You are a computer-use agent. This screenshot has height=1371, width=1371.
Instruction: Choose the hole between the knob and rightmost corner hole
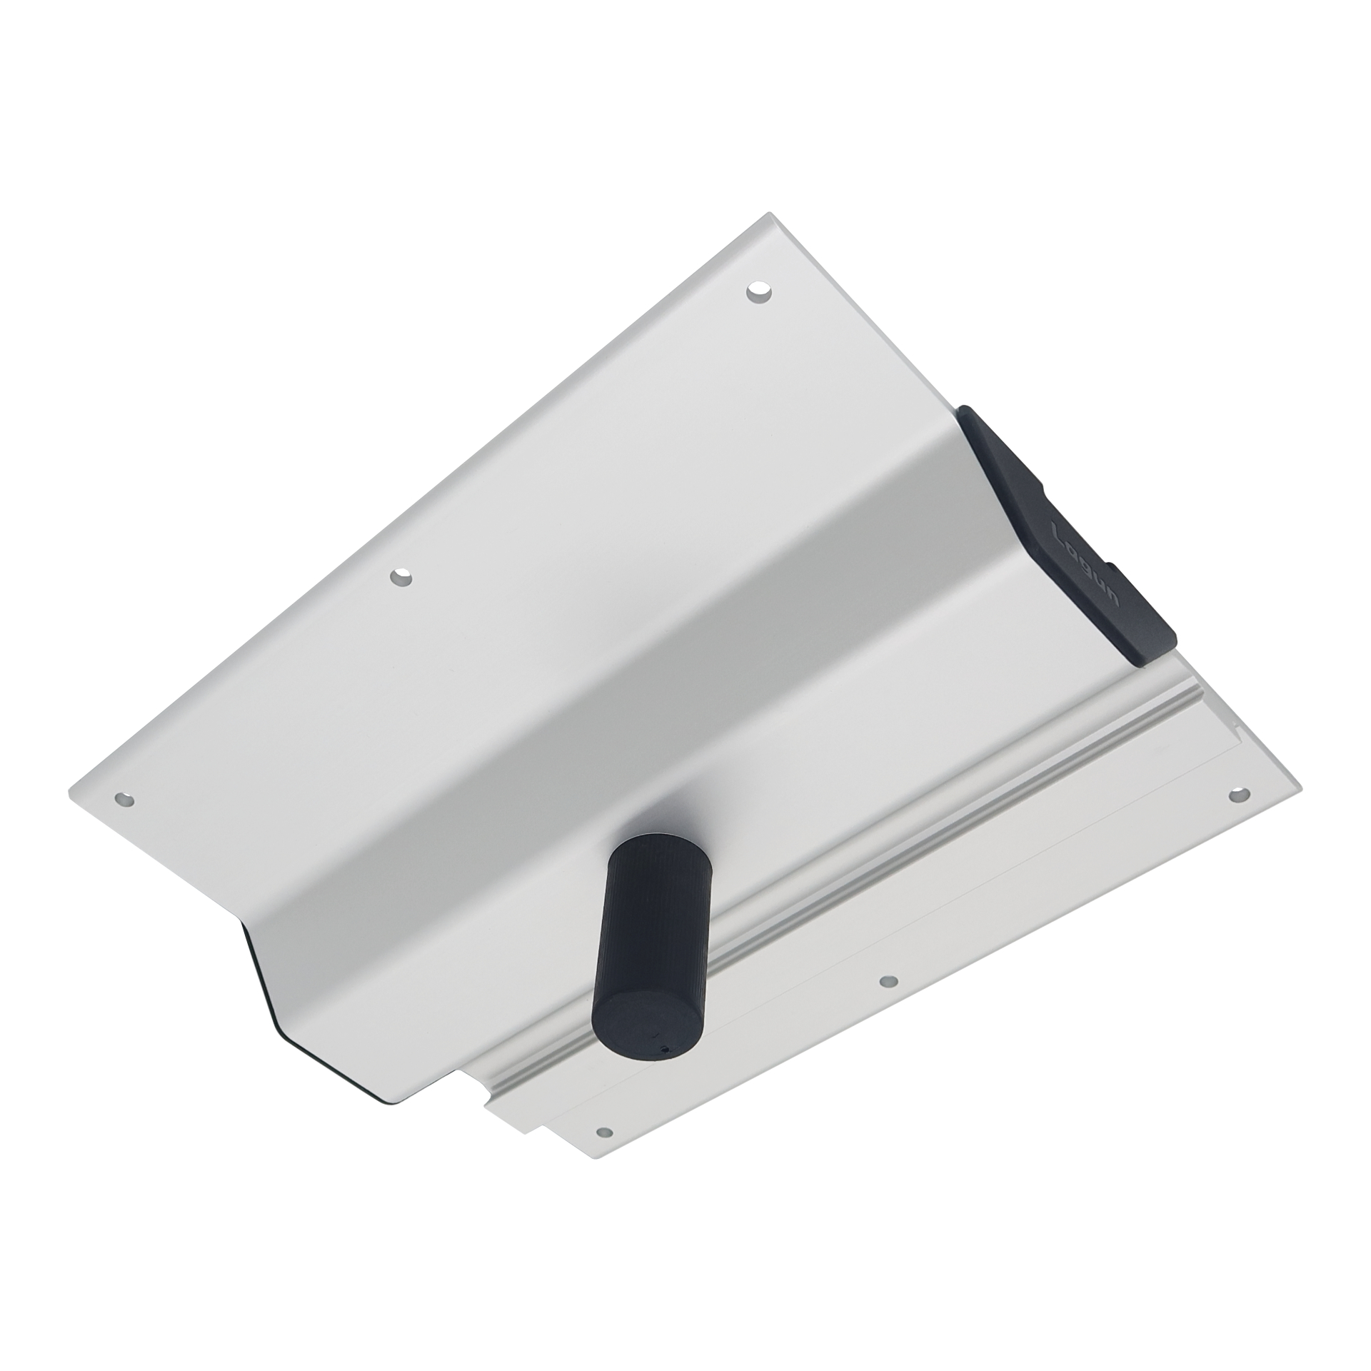[x=888, y=982]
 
